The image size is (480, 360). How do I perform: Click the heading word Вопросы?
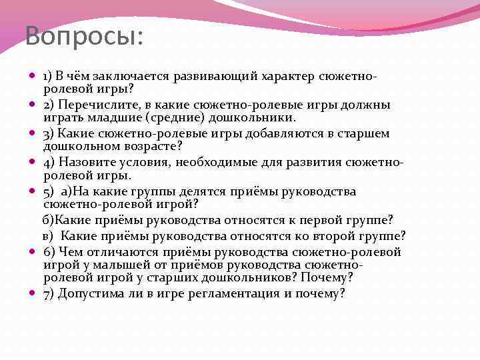(84, 35)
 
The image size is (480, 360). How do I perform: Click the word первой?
(318, 219)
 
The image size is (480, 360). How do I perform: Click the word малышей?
(123, 264)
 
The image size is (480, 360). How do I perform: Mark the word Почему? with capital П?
(326, 277)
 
